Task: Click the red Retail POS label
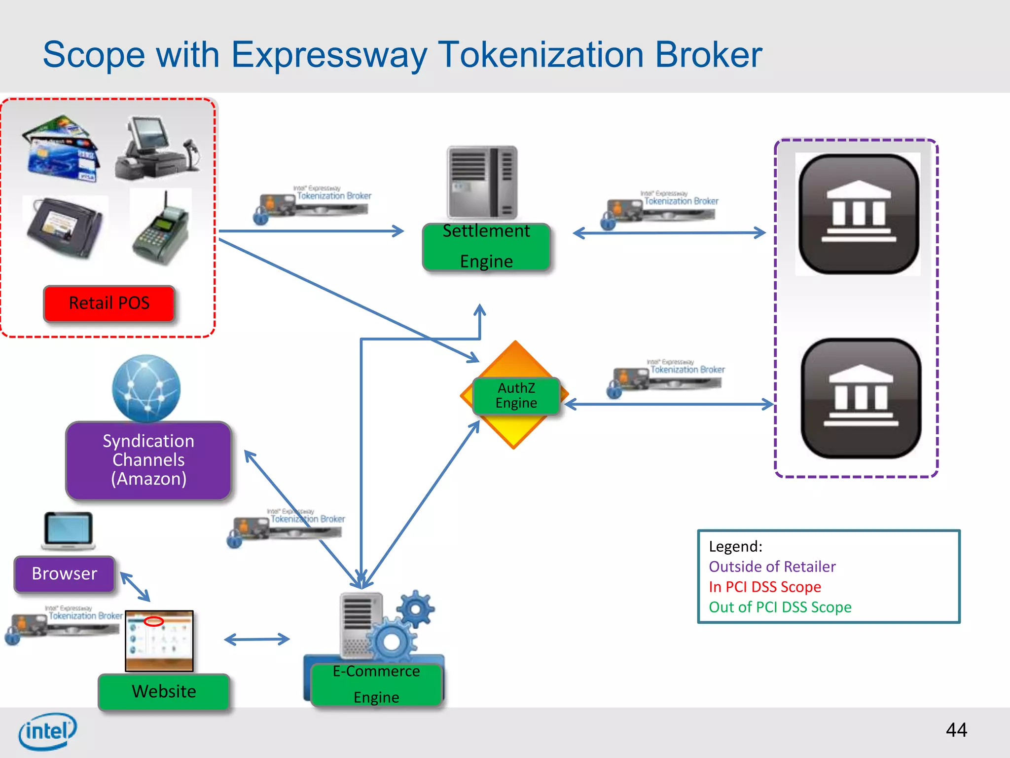(x=109, y=303)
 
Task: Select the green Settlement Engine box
(x=486, y=247)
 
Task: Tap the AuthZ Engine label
(x=516, y=396)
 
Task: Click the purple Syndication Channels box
(x=148, y=460)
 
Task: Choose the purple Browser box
(x=65, y=573)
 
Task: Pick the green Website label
(x=164, y=691)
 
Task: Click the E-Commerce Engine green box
(x=376, y=684)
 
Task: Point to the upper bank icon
(x=858, y=213)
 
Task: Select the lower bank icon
(x=861, y=398)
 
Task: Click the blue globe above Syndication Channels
(x=146, y=388)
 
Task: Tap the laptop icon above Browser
(x=68, y=531)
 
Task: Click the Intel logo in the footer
(x=48, y=731)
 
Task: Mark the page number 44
(x=956, y=730)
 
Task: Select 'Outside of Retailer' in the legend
(x=772, y=567)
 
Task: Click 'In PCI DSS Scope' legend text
(x=764, y=587)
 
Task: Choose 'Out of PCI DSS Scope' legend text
(x=780, y=607)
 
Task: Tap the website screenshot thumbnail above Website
(x=159, y=641)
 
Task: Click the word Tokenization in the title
(x=541, y=54)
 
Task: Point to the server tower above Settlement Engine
(x=482, y=182)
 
